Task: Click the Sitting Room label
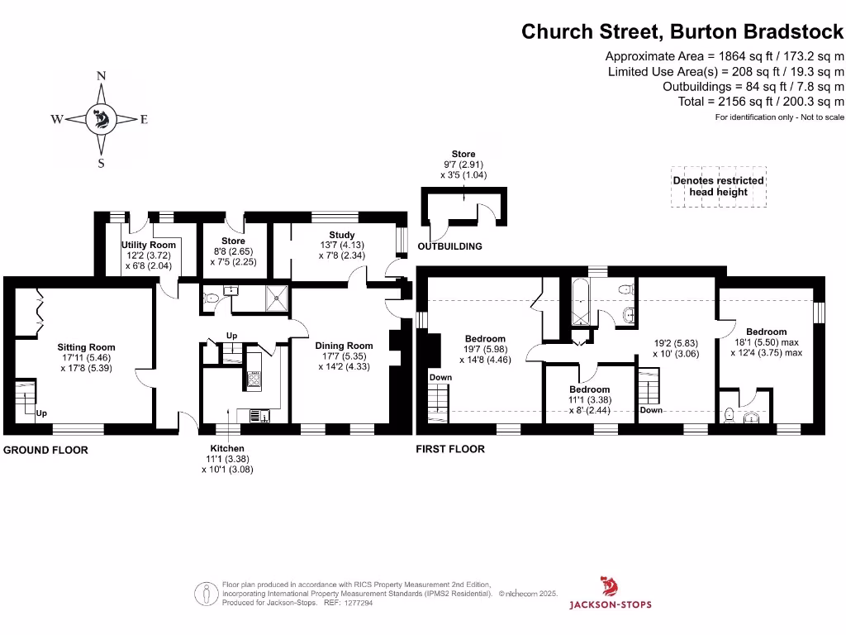[x=86, y=347]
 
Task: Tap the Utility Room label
[x=149, y=245]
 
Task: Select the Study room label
[x=341, y=236]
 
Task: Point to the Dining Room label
[x=344, y=346]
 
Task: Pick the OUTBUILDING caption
[x=449, y=246]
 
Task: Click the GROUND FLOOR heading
[x=46, y=451]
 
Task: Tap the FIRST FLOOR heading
[x=449, y=449]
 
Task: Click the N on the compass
[x=102, y=76]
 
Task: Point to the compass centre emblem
[x=102, y=120]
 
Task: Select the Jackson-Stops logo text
[x=610, y=604]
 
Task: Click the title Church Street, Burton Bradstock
[x=682, y=31]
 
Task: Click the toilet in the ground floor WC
[x=210, y=298]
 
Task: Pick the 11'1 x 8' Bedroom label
[x=589, y=389]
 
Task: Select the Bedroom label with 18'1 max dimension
[x=766, y=332]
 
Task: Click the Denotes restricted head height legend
[x=718, y=186]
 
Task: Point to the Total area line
[x=753, y=101]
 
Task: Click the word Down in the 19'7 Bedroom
[x=440, y=377]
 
